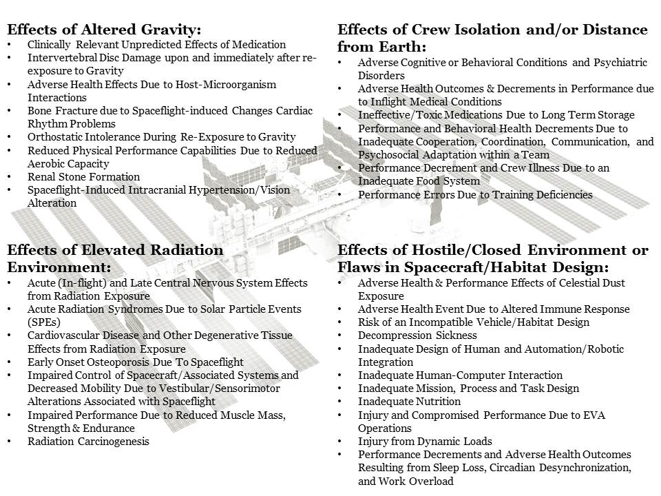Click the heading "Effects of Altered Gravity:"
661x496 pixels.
tap(105, 30)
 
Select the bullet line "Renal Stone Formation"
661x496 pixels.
tap(83, 177)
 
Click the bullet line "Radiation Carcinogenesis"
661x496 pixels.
tap(88, 442)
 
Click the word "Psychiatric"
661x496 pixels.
tap(619, 63)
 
